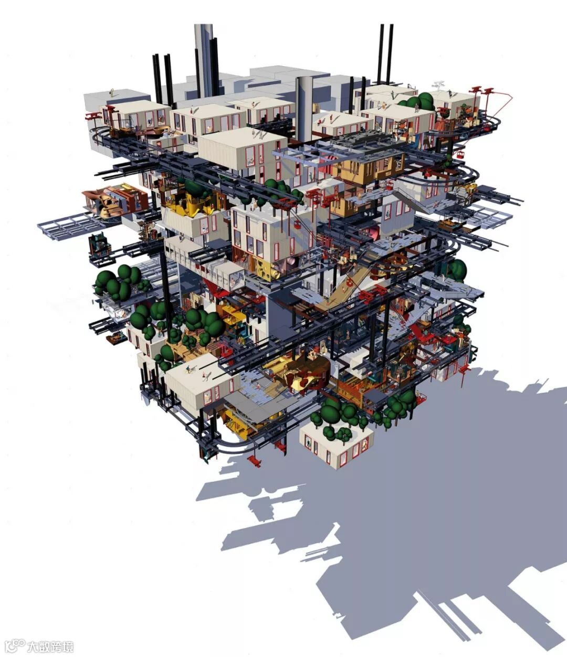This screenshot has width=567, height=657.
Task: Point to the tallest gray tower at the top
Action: (x=204, y=60)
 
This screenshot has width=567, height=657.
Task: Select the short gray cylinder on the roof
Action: (x=304, y=109)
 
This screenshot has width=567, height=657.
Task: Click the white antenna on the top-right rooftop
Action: (x=438, y=85)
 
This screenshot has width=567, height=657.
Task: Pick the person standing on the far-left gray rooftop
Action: (x=112, y=92)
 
